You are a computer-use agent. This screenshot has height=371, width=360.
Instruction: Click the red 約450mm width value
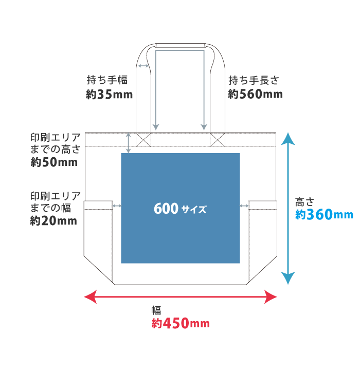(181, 324)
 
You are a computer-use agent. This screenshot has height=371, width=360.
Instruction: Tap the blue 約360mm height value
(324, 214)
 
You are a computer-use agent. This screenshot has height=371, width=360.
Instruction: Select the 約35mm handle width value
(110, 95)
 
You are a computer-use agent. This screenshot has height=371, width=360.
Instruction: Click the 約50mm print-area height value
(54, 162)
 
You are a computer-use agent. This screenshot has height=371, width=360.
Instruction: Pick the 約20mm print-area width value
(53, 221)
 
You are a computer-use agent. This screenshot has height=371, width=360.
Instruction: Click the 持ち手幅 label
(107, 80)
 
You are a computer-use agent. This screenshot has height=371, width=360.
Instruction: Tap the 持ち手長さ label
(254, 80)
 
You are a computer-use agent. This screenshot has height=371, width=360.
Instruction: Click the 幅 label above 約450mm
(156, 310)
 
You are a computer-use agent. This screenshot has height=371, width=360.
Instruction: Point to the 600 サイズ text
(180, 209)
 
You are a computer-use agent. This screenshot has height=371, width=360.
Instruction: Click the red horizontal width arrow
(180, 296)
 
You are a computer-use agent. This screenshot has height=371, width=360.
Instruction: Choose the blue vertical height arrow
(288, 208)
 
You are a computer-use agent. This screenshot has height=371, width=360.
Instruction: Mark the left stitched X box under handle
(143, 139)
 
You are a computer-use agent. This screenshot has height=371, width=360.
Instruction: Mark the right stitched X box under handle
(218, 139)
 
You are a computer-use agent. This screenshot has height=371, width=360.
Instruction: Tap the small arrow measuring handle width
(143, 66)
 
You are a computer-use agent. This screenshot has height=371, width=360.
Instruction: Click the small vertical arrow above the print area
(129, 143)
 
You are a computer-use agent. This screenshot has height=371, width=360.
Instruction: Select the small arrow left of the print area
(117, 206)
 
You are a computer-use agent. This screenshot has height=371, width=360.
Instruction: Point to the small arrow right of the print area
(244, 206)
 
